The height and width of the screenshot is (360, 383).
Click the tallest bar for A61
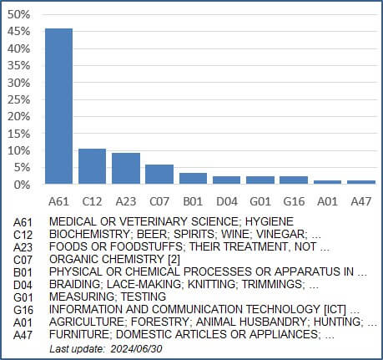click(x=58, y=106)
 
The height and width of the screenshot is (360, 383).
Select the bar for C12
click(x=92, y=166)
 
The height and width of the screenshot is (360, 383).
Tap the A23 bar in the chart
click(x=126, y=168)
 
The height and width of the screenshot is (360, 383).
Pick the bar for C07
click(x=159, y=174)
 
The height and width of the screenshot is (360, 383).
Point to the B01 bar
click(x=193, y=178)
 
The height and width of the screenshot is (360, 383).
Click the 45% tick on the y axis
click(x=18, y=31)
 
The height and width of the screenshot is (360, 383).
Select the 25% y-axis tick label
click(x=18, y=99)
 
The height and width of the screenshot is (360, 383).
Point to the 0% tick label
click(x=22, y=185)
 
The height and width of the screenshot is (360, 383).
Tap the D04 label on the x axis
click(x=227, y=201)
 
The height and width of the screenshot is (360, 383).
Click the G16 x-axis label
click(x=294, y=201)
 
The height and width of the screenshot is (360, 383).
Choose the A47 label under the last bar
click(x=361, y=201)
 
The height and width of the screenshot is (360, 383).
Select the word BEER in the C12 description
click(x=153, y=234)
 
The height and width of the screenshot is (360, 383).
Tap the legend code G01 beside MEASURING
click(x=23, y=297)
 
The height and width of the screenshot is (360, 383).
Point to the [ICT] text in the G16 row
click(x=335, y=309)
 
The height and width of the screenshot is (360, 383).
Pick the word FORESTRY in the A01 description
click(x=160, y=322)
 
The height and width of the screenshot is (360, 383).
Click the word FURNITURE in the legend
click(x=79, y=334)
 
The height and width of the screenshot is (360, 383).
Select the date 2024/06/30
click(x=136, y=348)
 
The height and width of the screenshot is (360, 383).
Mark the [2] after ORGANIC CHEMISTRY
click(x=174, y=259)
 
